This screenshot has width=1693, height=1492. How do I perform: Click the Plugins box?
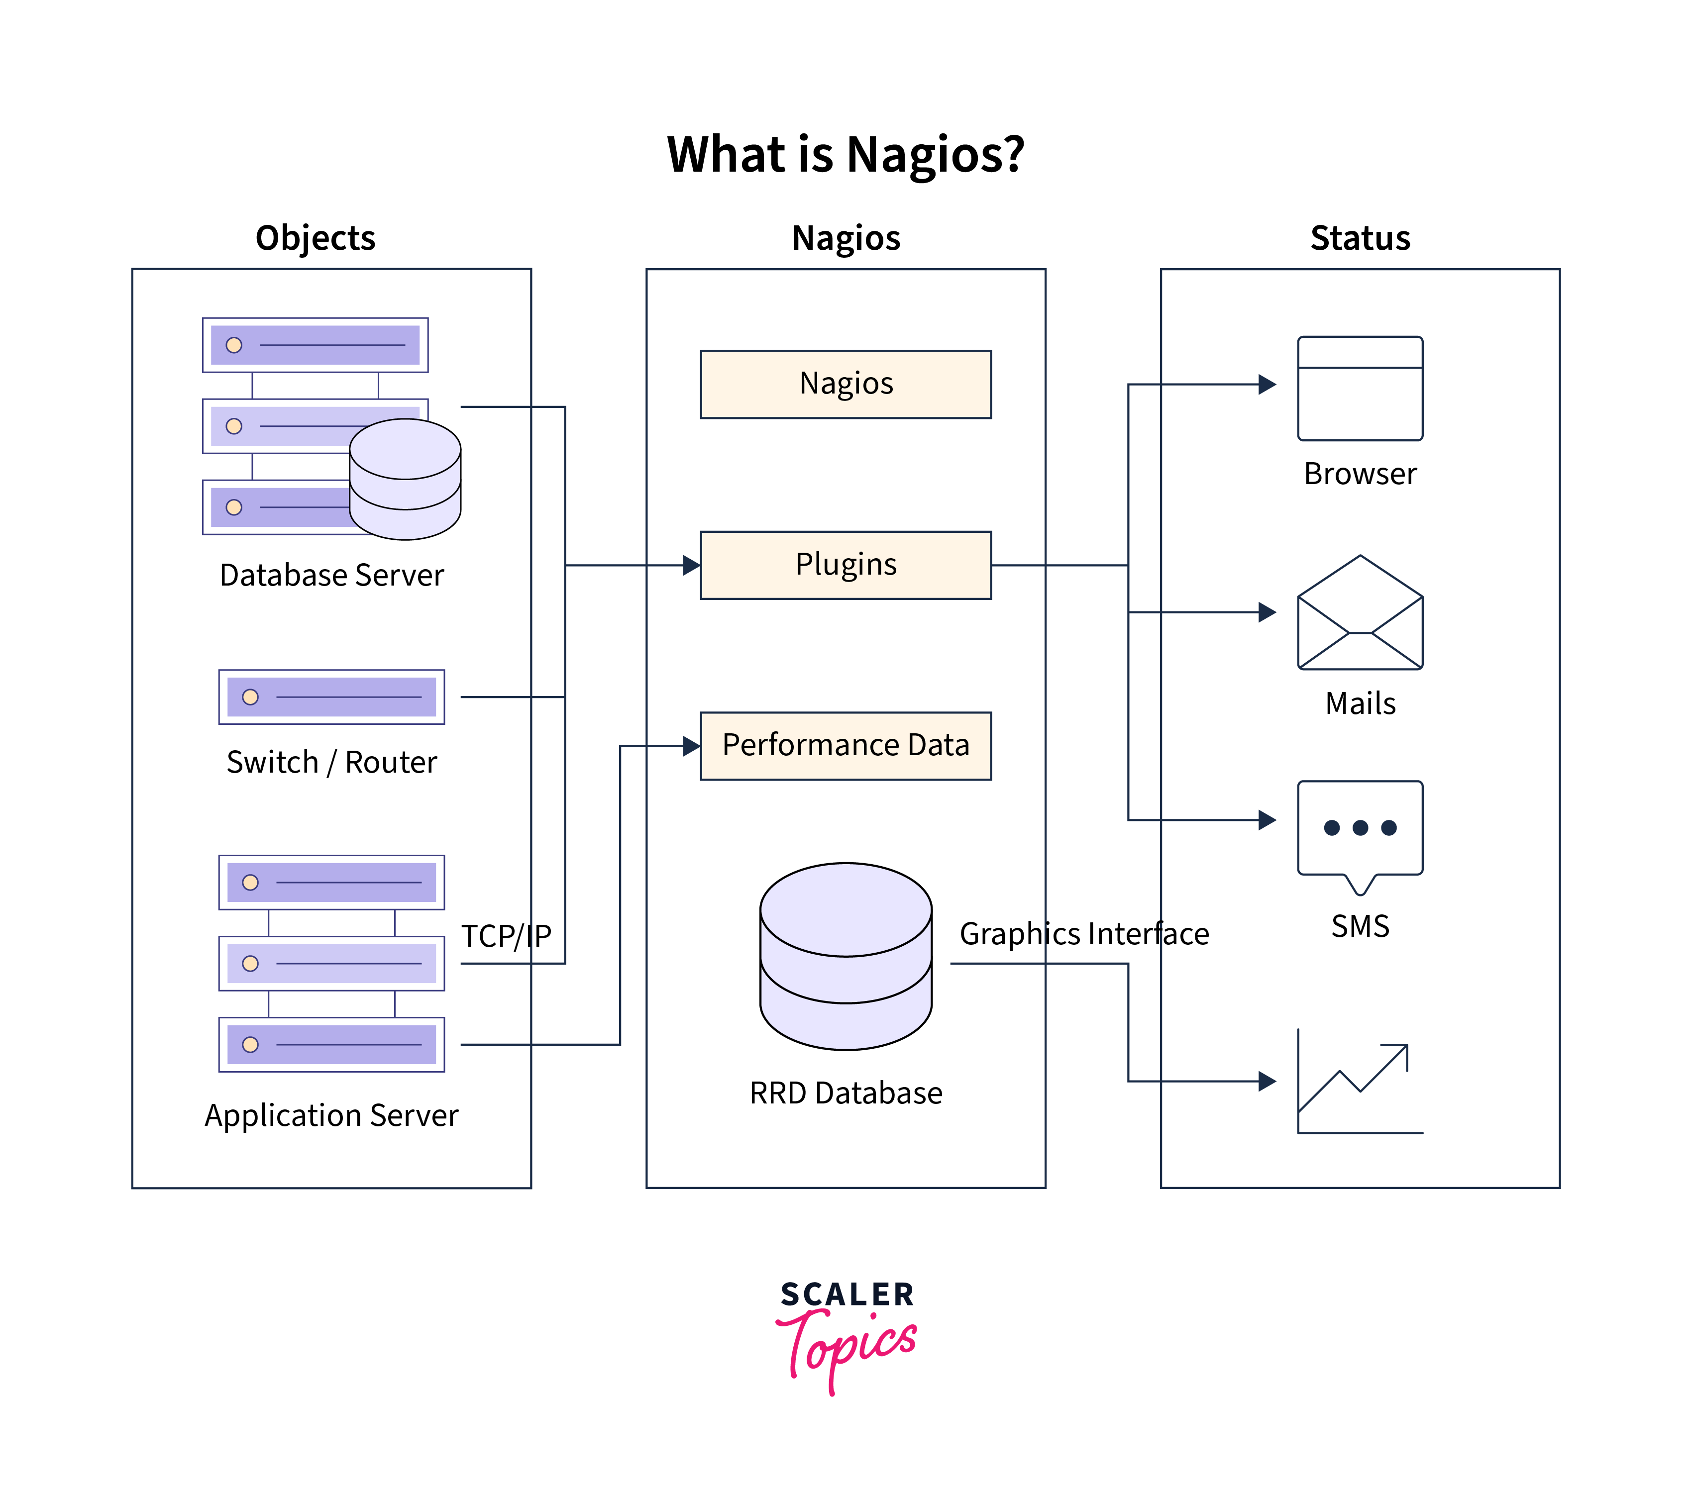click(x=845, y=565)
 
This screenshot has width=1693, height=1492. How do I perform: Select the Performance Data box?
click(x=845, y=745)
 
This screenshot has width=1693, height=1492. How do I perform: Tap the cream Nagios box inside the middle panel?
click(x=845, y=384)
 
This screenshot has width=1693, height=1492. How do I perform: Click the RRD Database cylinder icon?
click(x=845, y=956)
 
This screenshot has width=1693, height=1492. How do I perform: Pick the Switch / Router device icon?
click(x=331, y=696)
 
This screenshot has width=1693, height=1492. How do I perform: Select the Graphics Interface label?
click(x=1083, y=933)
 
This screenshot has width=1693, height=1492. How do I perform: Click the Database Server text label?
click(x=331, y=575)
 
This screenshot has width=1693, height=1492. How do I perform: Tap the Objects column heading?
click(x=315, y=238)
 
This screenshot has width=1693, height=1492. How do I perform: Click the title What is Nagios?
click(x=845, y=154)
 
